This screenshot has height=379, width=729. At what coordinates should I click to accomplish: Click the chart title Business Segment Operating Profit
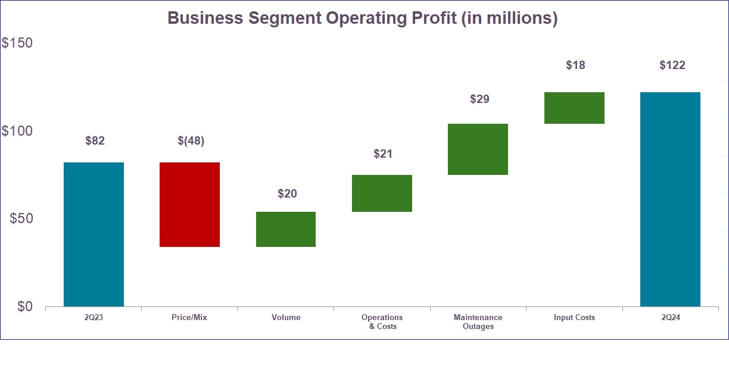(362, 18)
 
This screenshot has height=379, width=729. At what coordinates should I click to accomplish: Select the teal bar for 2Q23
(94, 234)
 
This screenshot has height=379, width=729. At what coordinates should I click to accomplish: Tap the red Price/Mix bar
(189, 204)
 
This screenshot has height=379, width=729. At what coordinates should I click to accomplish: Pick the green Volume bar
(286, 229)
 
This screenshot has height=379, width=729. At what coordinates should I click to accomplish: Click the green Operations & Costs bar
(382, 193)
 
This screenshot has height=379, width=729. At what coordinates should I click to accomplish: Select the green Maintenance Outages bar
(478, 149)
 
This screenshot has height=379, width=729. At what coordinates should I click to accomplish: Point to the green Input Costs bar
(574, 108)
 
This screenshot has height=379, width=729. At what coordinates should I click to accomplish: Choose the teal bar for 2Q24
(670, 199)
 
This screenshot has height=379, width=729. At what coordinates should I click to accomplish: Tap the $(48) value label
(191, 141)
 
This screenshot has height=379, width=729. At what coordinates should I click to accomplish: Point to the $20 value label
(287, 194)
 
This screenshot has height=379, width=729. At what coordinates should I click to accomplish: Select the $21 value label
(383, 154)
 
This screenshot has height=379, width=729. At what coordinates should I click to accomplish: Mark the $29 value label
(479, 99)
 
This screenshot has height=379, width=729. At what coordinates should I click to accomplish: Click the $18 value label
(575, 65)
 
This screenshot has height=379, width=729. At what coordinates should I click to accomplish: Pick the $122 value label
(672, 65)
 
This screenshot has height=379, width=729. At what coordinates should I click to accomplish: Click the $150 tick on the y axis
(17, 43)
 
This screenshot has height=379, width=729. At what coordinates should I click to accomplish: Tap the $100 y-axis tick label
(17, 131)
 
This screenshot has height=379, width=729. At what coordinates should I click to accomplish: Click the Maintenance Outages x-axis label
(478, 322)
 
